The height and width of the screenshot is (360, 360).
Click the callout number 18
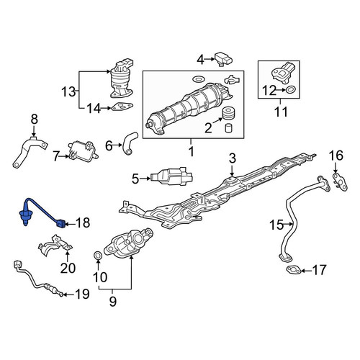[x=83, y=222]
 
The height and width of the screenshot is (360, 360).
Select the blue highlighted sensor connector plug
[x=60, y=224]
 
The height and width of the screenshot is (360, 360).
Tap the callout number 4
[x=200, y=60]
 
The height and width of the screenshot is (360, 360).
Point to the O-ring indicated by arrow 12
[x=290, y=90]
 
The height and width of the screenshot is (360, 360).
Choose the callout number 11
[x=281, y=112]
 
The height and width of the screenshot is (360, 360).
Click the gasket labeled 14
[x=122, y=107]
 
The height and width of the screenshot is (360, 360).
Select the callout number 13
[x=68, y=91]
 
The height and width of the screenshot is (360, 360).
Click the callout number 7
[x=56, y=157]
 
